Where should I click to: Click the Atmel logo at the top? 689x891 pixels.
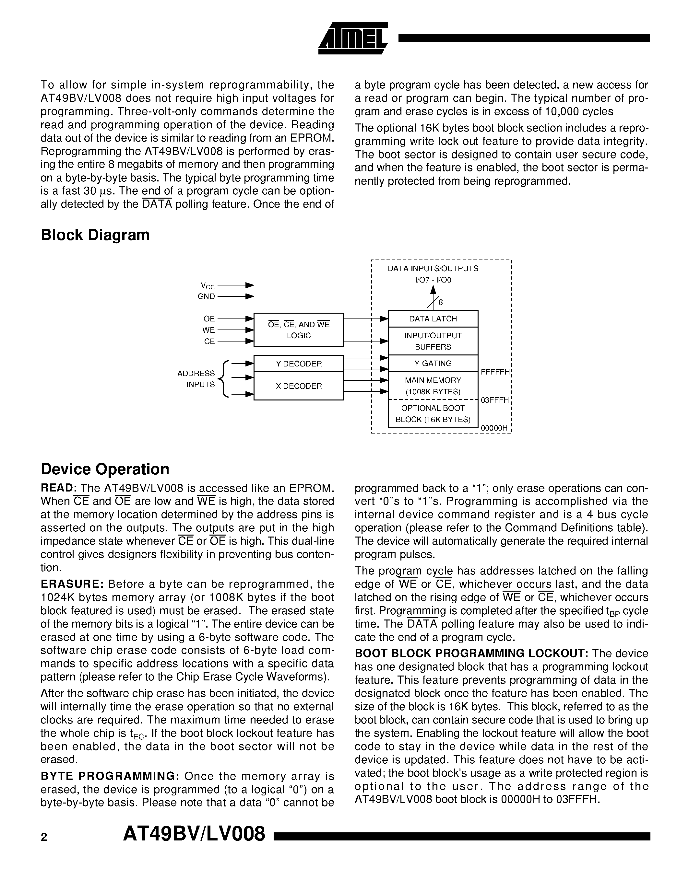point(353,38)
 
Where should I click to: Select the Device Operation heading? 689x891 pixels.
point(105,469)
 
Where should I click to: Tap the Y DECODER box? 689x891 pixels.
point(298,364)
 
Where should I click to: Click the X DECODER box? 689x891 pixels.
point(298,386)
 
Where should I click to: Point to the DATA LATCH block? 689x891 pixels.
point(433,318)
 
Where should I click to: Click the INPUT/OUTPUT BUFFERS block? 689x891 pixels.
point(433,341)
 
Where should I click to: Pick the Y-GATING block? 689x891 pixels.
point(433,364)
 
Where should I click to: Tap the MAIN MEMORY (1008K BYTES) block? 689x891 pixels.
point(433,386)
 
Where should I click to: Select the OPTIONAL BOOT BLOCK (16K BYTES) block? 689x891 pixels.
point(433,414)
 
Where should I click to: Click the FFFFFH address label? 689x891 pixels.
point(495,372)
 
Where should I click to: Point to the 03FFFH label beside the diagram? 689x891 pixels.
point(495,400)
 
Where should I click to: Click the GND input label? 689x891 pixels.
point(206,296)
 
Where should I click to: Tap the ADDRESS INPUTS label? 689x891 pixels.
point(196,379)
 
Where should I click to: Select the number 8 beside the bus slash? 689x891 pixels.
point(440,303)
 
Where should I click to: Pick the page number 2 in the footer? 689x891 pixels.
point(44,838)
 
